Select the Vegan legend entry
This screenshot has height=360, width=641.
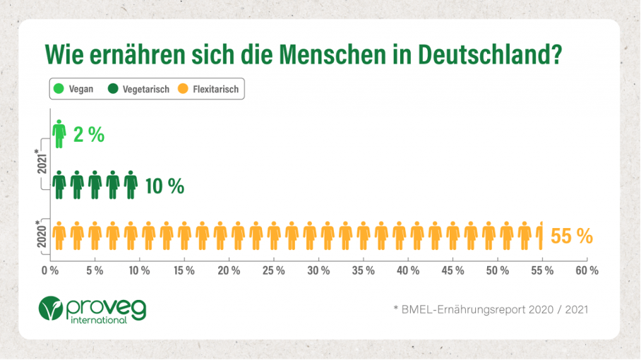point(76,90)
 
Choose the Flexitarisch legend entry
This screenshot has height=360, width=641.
point(210,90)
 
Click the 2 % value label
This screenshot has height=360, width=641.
point(88,135)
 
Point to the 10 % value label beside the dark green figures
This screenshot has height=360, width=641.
point(164,186)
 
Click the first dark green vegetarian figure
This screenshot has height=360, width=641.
point(59,186)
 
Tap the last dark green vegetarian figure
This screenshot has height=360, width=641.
point(130,186)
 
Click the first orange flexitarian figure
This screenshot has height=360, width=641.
point(59,236)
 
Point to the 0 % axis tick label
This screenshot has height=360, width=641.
point(49,270)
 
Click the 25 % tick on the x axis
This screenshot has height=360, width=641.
point(274,270)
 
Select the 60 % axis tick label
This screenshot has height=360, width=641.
point(587,270)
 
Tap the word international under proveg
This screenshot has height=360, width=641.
point(100,320)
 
